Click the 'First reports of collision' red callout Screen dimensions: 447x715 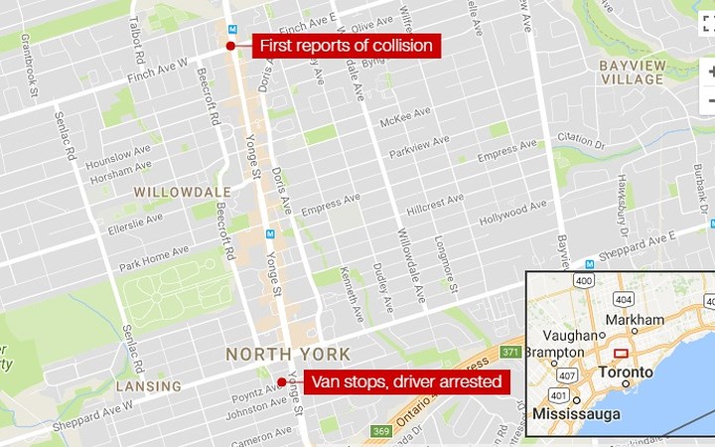tap(346, 46)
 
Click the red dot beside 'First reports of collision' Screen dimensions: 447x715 tap(230, 46)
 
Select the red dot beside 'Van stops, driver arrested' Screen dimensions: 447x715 tap(281, 382)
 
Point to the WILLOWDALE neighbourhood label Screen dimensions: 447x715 tap(185, 191)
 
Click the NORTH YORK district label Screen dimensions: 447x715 tap(288, 354)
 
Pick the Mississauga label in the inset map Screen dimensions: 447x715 tap(577, 412)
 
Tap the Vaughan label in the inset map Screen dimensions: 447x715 tap(570, 336)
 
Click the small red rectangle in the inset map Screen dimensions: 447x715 tap(622, 354)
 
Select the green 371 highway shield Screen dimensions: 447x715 tap(511, 352)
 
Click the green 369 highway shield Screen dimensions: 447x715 tap(380, 431)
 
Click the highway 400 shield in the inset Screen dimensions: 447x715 tap(584, 282)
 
